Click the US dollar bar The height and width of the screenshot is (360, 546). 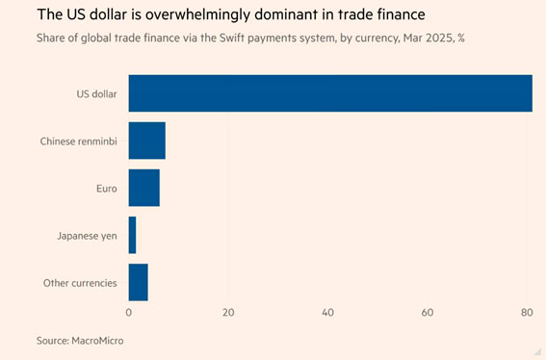[330, 93]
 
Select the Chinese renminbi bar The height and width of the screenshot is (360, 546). [147, 141]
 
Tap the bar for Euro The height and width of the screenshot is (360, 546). [144, 188]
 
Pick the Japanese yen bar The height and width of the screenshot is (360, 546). [132, 235]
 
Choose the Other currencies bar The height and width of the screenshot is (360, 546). [139, 282]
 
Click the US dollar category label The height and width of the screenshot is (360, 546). [97, 94]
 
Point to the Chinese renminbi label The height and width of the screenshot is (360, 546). [79, 141]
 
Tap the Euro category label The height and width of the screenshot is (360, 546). [107, 189]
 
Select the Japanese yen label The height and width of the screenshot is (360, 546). [87, 236]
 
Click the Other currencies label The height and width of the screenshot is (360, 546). [80, 283]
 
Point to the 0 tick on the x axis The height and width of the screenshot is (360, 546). [129, 313]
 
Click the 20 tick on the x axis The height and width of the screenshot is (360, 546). [228, 313]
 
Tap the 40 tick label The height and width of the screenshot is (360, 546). [328, 313]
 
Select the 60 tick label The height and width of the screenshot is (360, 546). [428, 313]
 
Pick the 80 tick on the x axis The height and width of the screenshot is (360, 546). [527, 313]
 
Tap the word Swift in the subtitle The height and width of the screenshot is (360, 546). [232, 38]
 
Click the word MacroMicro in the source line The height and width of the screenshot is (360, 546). [97, 341]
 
